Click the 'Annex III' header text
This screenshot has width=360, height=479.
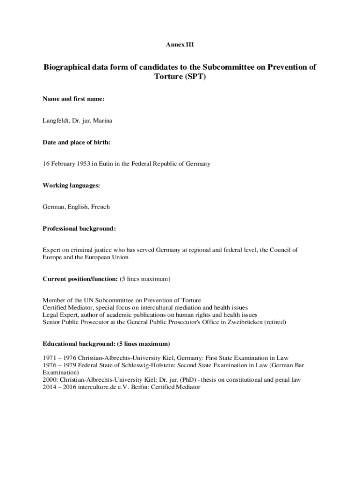[180, 45]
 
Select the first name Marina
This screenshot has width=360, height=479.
[102, 121]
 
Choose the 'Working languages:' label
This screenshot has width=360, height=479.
[71, 186]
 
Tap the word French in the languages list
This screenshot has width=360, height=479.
[100, 207]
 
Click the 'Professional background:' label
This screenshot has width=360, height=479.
[79, 229]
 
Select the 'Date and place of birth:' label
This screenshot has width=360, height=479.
[77, 142]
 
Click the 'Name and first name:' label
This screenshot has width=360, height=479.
[73, 99]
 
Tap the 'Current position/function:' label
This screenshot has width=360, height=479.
[80, 279]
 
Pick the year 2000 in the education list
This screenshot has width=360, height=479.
[50, 380]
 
